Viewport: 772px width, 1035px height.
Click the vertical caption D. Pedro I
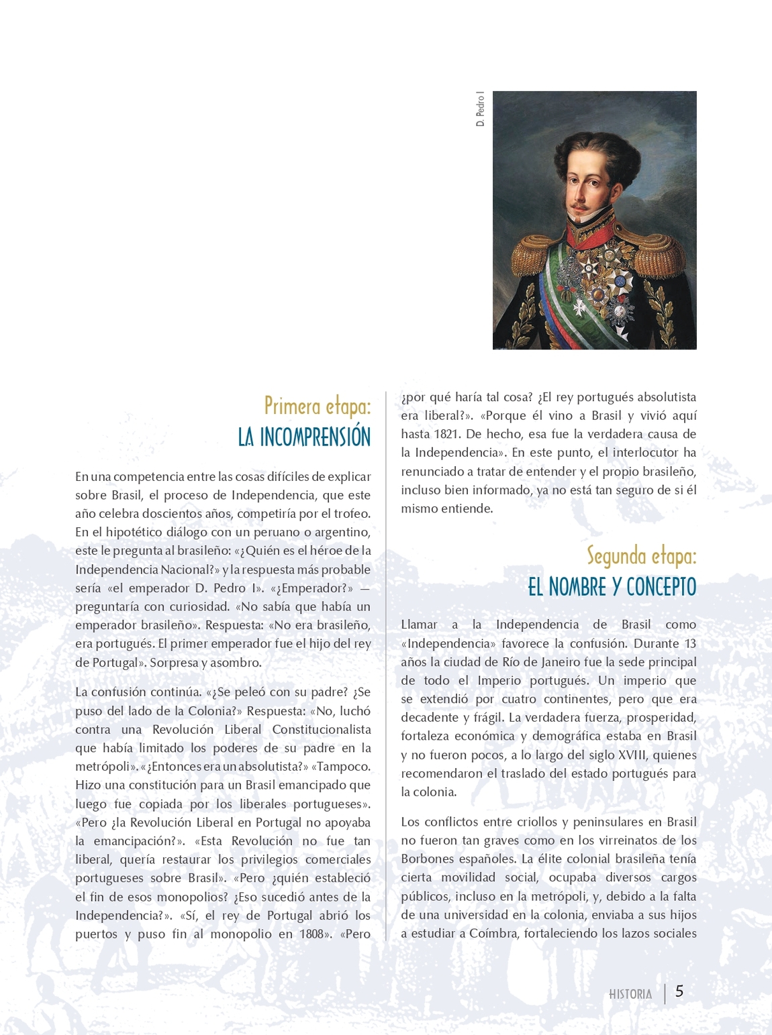(480, 109)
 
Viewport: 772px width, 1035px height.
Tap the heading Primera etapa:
(317, 406)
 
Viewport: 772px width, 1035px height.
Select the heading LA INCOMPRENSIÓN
(304, 437)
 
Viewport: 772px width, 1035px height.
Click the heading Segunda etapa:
(641, 556)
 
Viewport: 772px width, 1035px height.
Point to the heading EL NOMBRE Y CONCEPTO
(612, 587)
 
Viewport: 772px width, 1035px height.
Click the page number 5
(679, 991)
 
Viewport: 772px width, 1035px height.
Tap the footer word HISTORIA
(630, 994)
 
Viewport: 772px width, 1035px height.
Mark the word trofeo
(352, 514)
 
